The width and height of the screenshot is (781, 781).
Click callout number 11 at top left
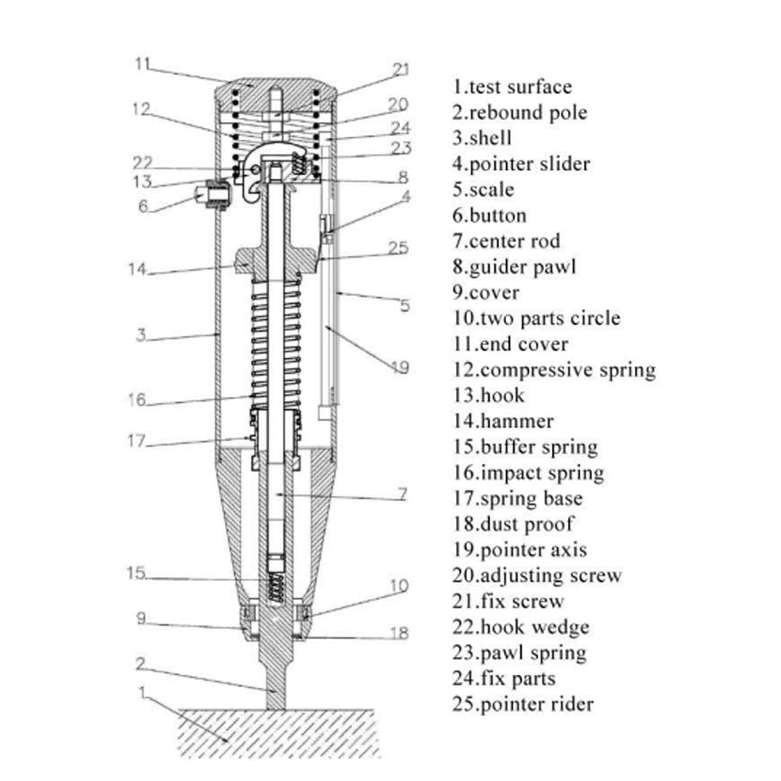click(142, 64)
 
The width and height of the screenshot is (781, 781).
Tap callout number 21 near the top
click(401, 70)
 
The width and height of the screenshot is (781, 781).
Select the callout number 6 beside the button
click(144, 205)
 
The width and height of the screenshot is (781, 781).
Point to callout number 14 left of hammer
click(137, 269)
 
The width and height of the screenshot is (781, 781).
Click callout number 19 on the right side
click(400, 368)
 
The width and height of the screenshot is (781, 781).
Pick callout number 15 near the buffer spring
click(136, 572)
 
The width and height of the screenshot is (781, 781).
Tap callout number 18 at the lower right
click(399, 633)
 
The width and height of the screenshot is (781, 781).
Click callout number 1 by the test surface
click(142, 693)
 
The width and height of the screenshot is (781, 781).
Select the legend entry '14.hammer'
click(503, 422)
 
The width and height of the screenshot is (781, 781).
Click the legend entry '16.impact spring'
click(528, 473)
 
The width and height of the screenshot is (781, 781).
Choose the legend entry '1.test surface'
click(512, 87)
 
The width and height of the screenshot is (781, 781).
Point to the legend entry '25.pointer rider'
click(523, 704)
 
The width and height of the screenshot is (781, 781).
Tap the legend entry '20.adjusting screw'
click(537, 576)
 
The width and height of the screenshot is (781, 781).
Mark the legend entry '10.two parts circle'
click(537, 319)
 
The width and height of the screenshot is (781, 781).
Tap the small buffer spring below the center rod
click(276, 587)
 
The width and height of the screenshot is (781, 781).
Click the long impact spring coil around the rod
click(276, 343)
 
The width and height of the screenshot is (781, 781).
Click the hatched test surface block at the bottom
click(277, 733)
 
